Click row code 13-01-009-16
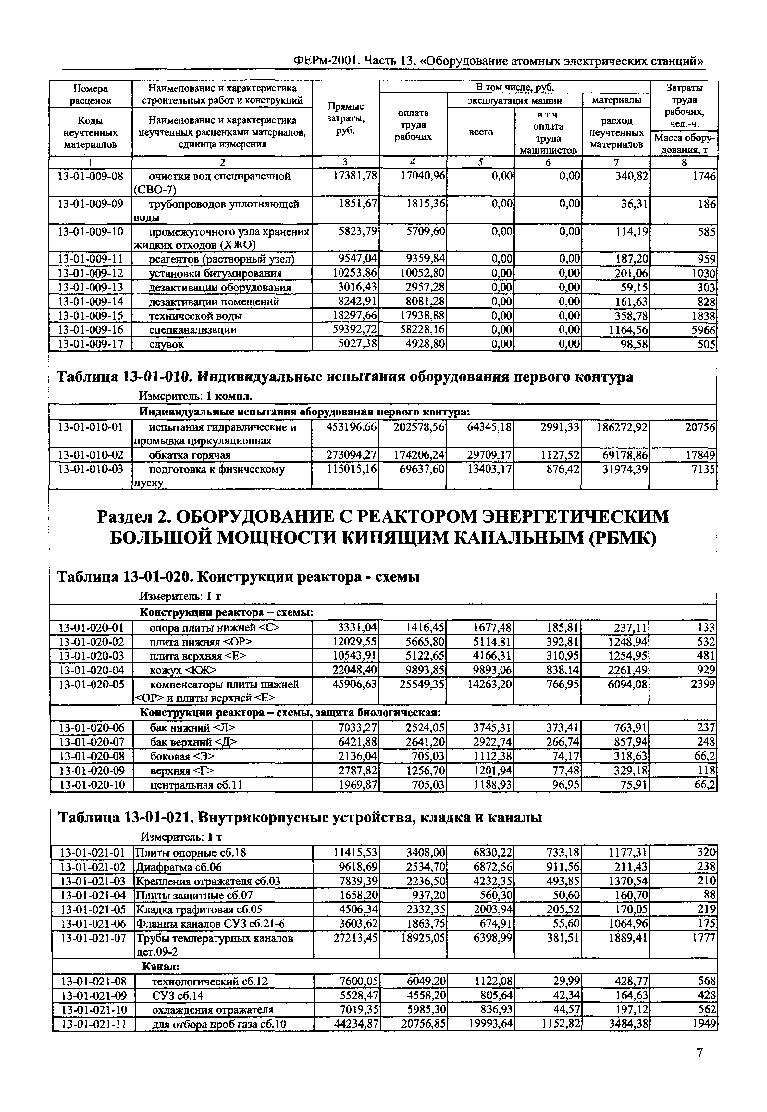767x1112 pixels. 90,330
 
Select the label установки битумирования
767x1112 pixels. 215,273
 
